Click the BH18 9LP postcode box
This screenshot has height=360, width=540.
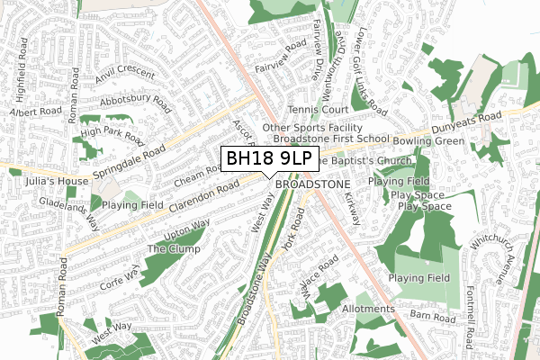[x=268, y=159]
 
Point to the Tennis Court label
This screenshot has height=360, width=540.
[x=319, y=110]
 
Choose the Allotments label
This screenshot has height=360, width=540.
[x=368, y=309]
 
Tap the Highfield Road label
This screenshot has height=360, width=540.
[x=22, y=68]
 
